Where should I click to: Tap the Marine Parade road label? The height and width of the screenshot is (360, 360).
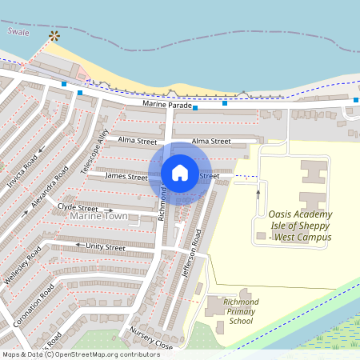167,105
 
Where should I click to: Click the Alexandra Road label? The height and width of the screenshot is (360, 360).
50,190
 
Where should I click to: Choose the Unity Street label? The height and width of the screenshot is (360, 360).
106,247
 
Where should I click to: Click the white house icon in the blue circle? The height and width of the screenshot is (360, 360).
180,172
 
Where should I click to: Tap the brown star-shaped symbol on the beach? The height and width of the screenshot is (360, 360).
54,36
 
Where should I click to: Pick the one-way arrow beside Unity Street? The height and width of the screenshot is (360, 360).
78,246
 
